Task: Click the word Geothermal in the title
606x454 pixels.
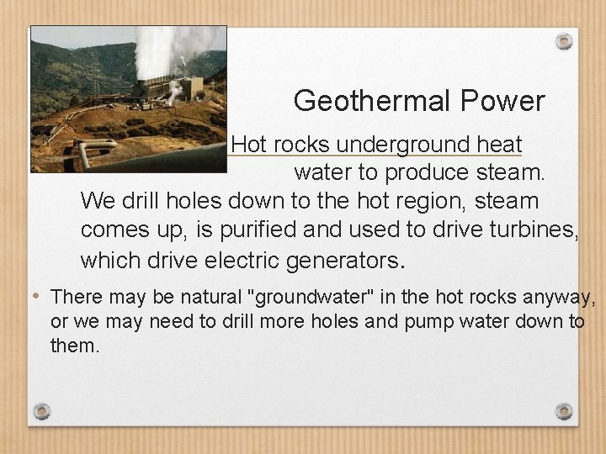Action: coord(370,102)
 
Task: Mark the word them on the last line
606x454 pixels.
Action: coord(75,345)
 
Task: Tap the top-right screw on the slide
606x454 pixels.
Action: coord(564,40)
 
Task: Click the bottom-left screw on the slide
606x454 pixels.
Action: coord(41,411)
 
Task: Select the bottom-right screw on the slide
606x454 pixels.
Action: coord(564,411)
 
